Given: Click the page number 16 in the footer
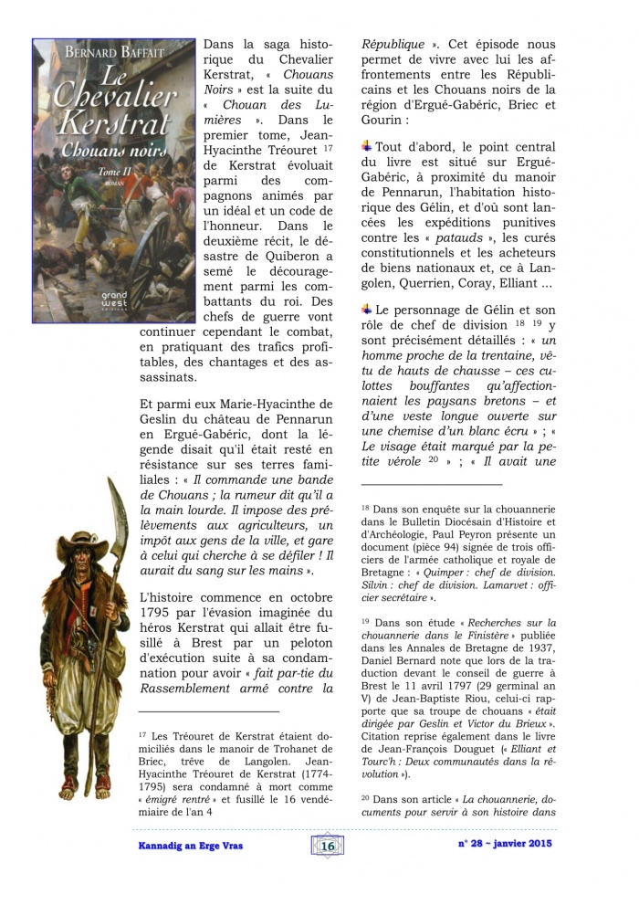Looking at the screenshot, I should [328, 846].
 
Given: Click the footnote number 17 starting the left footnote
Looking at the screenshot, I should [142, 734].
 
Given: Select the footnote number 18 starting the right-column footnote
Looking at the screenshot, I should [365, 508].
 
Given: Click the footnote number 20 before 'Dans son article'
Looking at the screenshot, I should [365, 798].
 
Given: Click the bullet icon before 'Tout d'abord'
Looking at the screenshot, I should [367, 146].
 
